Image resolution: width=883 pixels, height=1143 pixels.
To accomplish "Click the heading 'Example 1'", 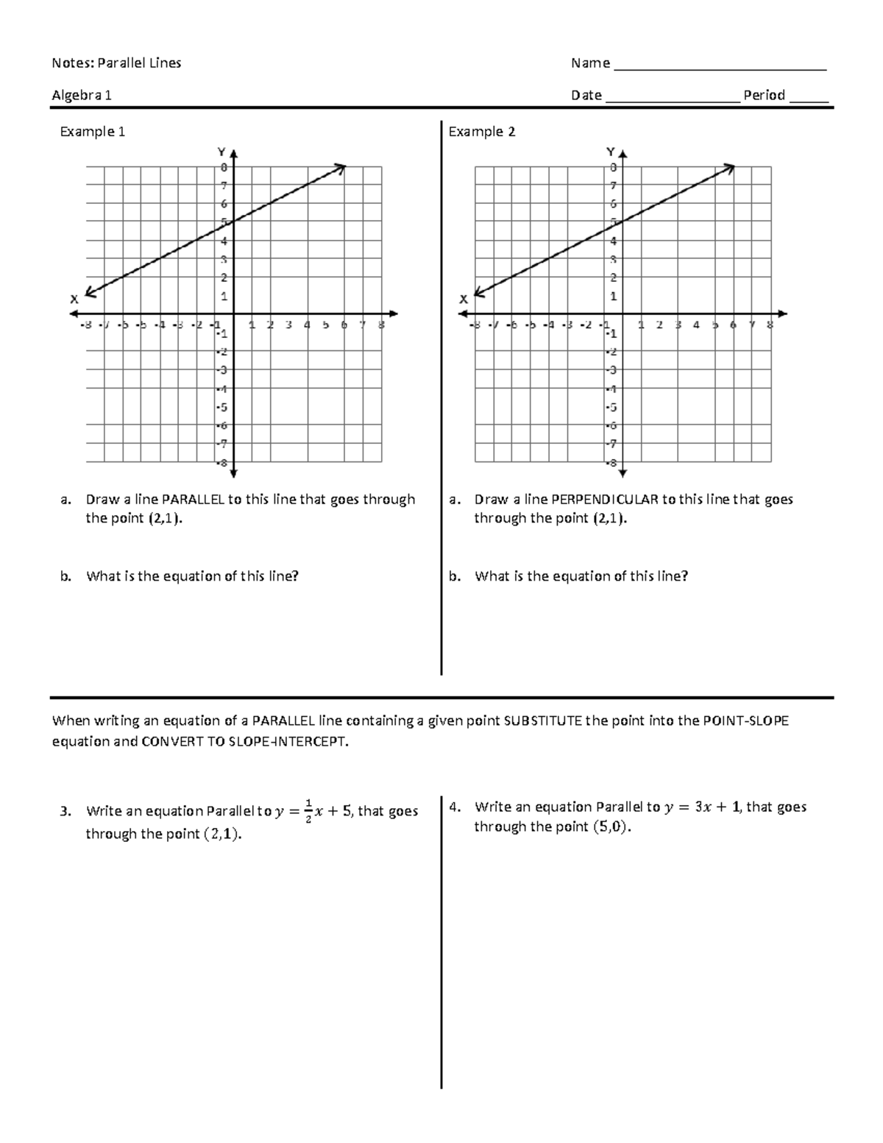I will click(92, 132).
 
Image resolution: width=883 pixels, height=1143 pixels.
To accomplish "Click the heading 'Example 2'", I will click(481, 132).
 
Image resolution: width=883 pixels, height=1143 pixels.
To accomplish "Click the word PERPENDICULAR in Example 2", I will click(605, 500).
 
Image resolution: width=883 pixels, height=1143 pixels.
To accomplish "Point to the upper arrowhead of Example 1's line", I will click(341, 169).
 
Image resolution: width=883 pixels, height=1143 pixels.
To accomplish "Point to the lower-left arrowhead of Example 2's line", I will click(479, 293).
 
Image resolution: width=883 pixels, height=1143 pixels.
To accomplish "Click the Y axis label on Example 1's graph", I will click(221, 152).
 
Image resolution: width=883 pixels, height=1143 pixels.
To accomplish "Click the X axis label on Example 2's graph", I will click(463, 300).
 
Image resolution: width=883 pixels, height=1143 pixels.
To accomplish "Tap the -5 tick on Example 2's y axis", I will click(612, 407).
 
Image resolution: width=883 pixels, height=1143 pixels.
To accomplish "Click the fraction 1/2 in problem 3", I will click(309, 811).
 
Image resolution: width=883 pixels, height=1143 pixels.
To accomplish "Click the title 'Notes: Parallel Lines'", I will click(116, 63).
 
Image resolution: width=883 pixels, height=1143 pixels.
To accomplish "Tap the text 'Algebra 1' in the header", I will click(82, 96).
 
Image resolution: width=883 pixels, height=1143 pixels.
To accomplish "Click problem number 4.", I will click(455, 807).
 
